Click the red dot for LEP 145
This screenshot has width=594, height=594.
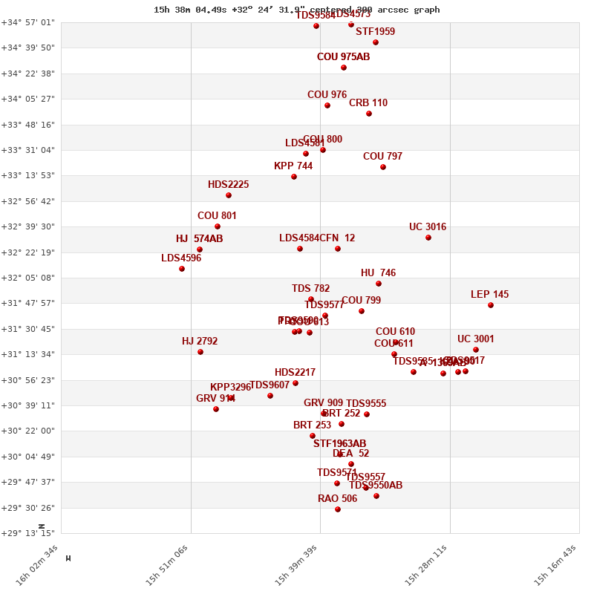tap(491, 305)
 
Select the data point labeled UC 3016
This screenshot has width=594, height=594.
tap(428, 238)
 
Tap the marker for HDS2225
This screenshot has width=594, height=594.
tap(229, 195)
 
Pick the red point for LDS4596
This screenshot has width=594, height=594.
tap(182, 269)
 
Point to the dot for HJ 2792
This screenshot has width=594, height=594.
tap(200, 352)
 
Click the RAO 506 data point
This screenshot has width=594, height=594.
tap(338, 509)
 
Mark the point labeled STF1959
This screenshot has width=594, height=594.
tap(376, 42)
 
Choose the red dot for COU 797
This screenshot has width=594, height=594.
tap(383, 167)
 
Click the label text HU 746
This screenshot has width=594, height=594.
tap(378, 273)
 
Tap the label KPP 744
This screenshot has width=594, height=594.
tap(293, 166)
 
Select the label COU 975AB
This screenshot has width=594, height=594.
tap(343, 57)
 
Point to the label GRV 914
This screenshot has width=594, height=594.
tap(215, 399)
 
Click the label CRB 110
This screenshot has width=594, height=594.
tap(368, 103)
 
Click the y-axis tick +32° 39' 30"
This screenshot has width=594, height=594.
tap(28, 226)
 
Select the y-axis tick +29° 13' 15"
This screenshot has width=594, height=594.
tap(28, 533)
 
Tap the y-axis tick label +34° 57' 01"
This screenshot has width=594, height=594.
tap(28, 22)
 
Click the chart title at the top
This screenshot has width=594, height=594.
tap(297, 10)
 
